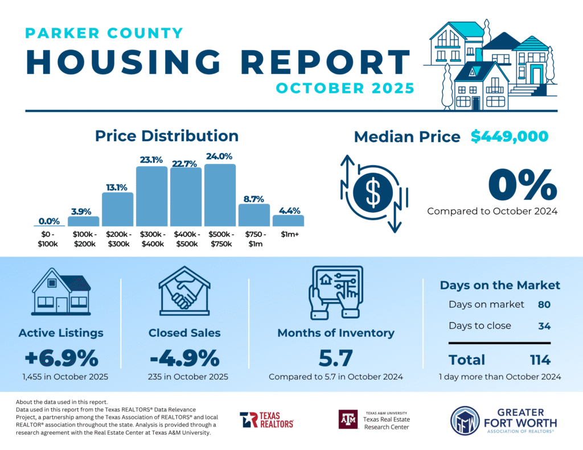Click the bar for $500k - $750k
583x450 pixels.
[x=220, y=195]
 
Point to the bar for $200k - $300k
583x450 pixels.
[x=117, y=209]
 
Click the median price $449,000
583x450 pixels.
[x=510, y=137]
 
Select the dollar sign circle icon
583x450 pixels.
[x=373, y=193]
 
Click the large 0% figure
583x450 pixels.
[x=523, y=185]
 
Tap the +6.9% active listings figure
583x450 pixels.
[x=61, y=358]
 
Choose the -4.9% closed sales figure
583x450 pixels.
[x=184, y=358]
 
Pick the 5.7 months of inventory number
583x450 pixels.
[x=335, y=358]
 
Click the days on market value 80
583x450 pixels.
[x=544, y=304]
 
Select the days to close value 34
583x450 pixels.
[x=544, y=326]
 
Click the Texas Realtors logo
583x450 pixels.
[x=266, y=420]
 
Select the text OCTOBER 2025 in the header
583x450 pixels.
[x=344, y=89]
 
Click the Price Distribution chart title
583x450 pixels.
[x=166, y=136]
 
